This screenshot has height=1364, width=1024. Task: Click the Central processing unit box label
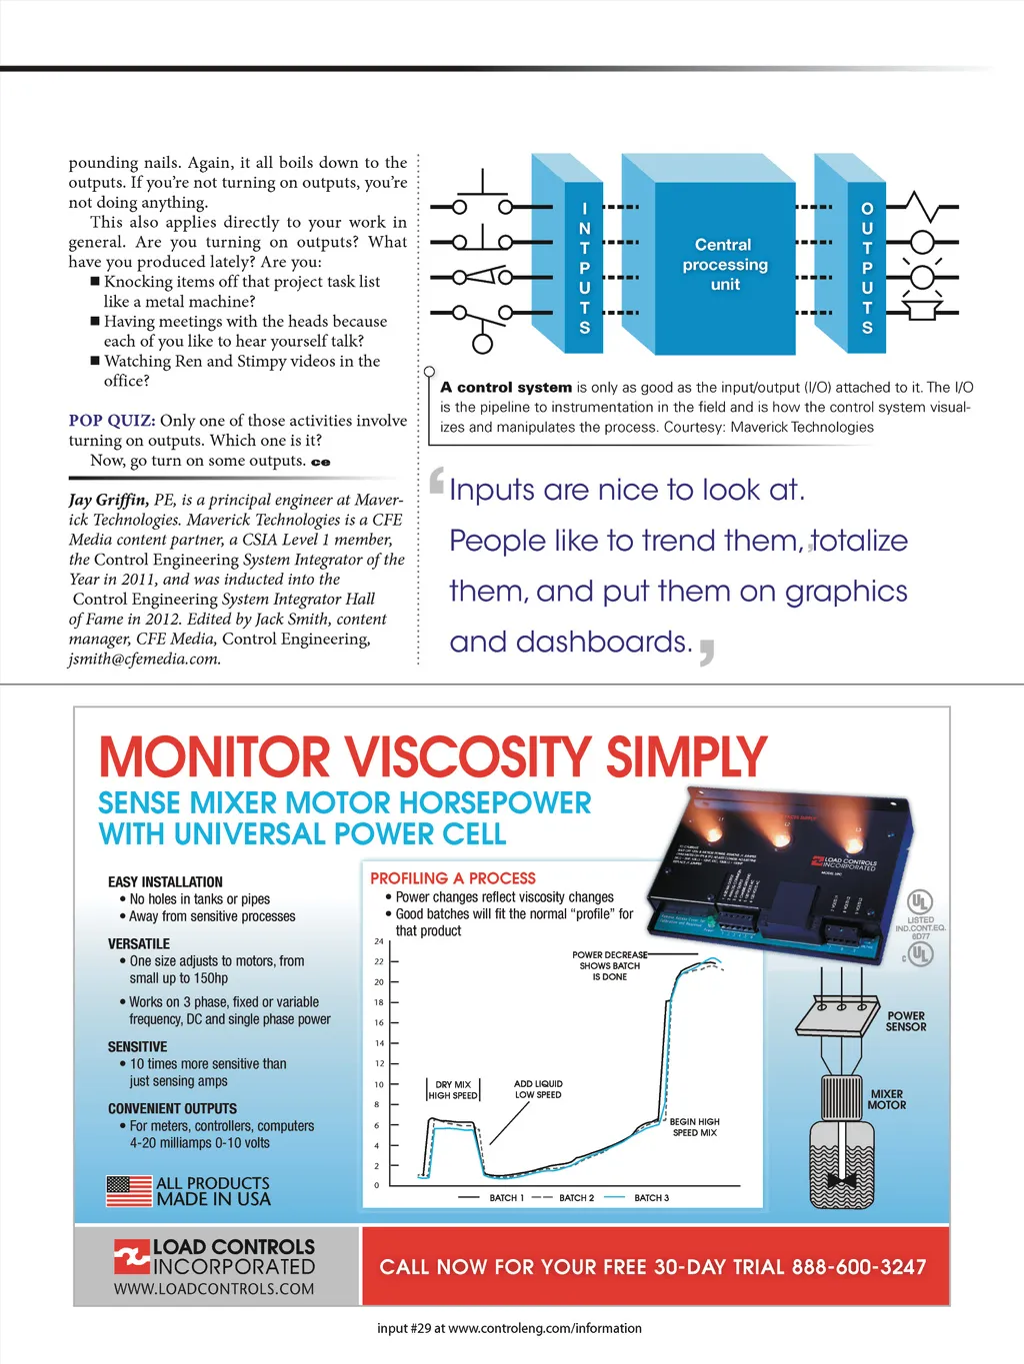724,265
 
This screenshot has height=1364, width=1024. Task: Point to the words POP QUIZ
112,421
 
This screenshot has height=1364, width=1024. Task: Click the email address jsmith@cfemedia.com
145,659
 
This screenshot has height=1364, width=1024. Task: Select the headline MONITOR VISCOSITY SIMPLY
433,757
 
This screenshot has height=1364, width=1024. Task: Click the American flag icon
128,1191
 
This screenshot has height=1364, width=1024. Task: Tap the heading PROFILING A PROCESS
453,878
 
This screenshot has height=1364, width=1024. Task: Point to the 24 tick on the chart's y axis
379,941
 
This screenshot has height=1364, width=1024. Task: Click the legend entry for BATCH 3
651,1197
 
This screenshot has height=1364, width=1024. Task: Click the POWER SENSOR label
906,1021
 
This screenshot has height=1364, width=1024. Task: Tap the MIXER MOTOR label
887,1099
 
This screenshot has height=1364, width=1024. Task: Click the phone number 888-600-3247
859,1267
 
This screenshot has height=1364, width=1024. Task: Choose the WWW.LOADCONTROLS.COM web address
214,1289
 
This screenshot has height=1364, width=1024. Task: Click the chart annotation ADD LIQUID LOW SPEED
538,1089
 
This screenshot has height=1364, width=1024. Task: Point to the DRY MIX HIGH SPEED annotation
453,1090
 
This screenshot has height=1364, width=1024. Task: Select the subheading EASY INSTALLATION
165,882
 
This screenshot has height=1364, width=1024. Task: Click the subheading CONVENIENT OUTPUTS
172,1109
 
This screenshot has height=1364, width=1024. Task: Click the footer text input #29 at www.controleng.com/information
509,1328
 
